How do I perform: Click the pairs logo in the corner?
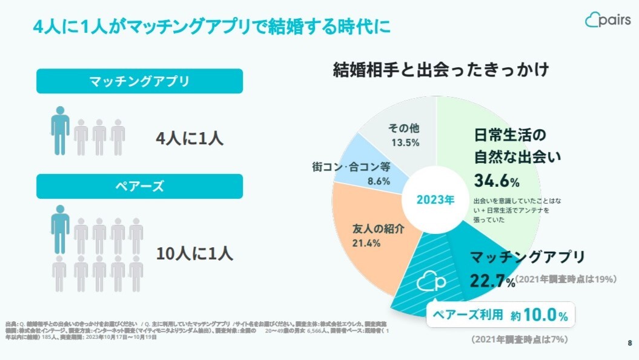607,20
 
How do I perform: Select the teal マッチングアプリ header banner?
139,81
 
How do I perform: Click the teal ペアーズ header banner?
139,186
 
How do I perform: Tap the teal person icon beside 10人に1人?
60,229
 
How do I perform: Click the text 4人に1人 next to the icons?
190,138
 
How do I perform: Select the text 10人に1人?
194,253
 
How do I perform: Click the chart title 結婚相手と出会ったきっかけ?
441,70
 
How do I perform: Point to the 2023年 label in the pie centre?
435,200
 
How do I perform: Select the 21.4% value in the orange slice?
366,244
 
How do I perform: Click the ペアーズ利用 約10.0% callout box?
500,316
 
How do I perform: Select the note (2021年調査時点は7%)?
519,339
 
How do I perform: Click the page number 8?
629,344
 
